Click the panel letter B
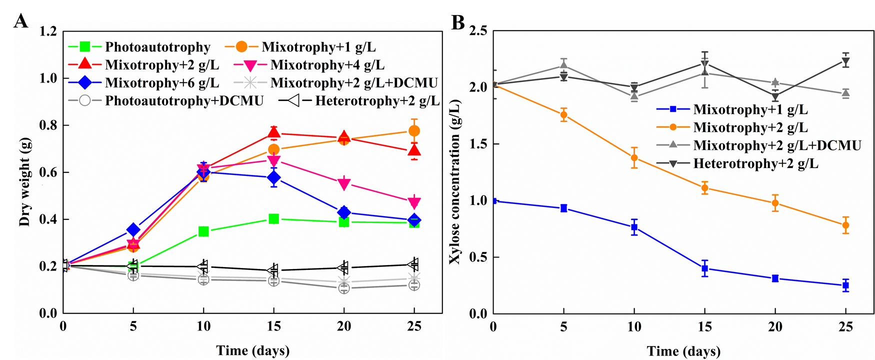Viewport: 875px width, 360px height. [x=458, y=22]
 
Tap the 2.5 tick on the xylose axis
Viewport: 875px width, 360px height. [x=478, y=31]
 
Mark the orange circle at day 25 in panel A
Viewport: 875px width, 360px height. [x=414, y=131]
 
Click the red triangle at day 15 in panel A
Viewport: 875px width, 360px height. [x=273, y=132]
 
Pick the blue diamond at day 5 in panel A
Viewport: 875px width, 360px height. [x=133, y=229]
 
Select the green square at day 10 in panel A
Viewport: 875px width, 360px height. [x=203, y=231]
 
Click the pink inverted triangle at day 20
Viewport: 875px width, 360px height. [x=344, y=184]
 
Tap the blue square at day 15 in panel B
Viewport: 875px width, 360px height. [x=705, y=268]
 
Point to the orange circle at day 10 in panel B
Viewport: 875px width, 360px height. [x=634, y=158]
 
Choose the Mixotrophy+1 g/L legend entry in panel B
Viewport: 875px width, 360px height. [x=750, y=109]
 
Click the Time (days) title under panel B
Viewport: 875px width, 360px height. [x=683, y=351]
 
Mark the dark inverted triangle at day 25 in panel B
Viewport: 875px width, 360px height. [x=845, y=62]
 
